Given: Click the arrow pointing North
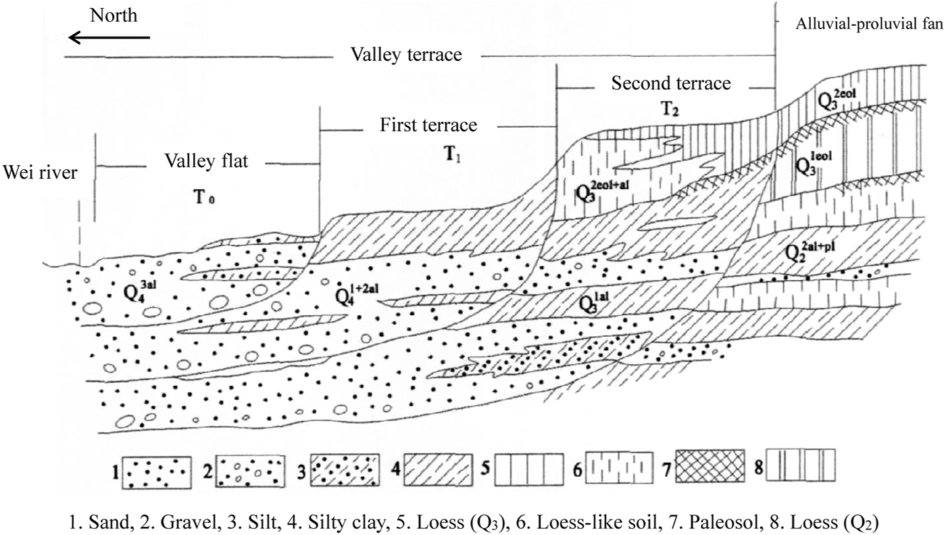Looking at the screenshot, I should point(109,38).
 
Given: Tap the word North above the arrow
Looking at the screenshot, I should point(114,16).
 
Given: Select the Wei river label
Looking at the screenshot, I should point(39,172).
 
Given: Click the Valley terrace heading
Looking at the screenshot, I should point(406,55).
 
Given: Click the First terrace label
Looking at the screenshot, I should point(428,125).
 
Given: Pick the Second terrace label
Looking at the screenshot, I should point(671,84).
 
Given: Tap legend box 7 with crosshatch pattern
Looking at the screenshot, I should point(714,467).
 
